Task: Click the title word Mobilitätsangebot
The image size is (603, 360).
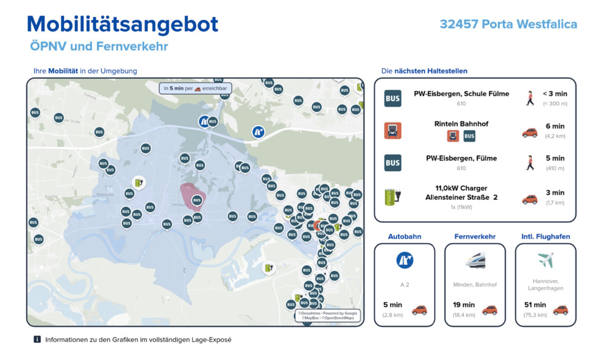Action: tap(122, 24)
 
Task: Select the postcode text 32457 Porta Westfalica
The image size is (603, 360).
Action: tap(508, 24)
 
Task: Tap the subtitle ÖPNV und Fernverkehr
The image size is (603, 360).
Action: tap(99, 46)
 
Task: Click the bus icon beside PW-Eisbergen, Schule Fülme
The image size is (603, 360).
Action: tap(393, 98)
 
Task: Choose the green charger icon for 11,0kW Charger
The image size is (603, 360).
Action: tap(393, 196)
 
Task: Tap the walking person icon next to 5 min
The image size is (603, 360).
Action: tap(530, 163)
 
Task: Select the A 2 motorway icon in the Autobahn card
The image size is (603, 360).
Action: tap(404, 260)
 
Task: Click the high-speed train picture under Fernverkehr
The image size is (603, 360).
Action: tap(475, 261)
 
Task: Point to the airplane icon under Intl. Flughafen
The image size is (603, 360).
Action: tap(546, 260)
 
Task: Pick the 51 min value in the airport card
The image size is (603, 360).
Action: tap(535, 305)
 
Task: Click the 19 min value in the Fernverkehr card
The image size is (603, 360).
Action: tap(464, 305)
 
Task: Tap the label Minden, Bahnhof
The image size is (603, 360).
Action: tap(475, 284)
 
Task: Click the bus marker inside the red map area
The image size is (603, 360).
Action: tap(196, 200)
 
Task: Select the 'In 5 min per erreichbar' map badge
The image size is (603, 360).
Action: tap(195, 88)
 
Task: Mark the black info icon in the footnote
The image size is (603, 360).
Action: tap(37, 339)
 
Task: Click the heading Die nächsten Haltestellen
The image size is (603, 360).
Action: tap(424, 71)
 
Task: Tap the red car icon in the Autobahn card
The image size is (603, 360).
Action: tap(419, 310)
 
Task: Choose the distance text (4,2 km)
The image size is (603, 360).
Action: tap(554, 136)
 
